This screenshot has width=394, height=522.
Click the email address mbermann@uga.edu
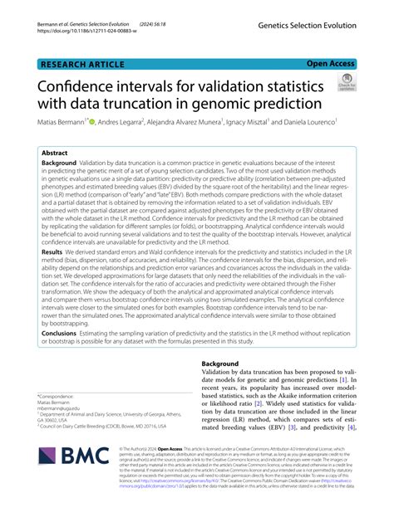tap(64, 409)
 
